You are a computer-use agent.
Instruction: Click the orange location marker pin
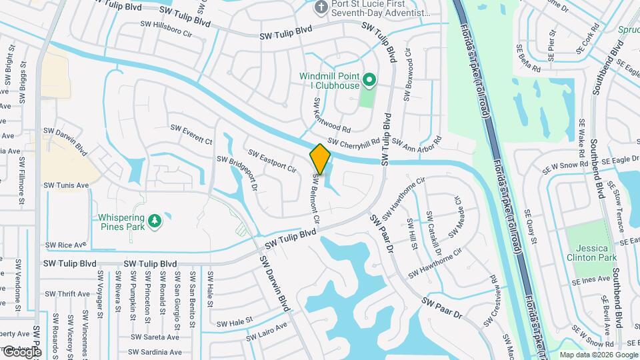[x=321, y=159]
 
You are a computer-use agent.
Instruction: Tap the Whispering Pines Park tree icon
[x=155, y=220]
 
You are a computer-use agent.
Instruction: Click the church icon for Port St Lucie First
[x=320, y=8]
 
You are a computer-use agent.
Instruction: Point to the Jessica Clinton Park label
[x=591, y=252]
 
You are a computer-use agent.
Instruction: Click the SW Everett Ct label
[x=191, y=133]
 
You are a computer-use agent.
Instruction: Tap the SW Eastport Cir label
[x=272, y=161]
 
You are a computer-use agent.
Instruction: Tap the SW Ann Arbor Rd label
[x=417, y=142]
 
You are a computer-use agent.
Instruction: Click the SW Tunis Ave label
[x=66, y=185]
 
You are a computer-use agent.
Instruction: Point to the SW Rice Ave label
[x=66, y=245]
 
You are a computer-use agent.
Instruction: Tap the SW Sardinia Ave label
[x=156, y=353]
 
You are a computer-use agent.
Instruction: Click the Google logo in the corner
[x=21, y=351]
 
